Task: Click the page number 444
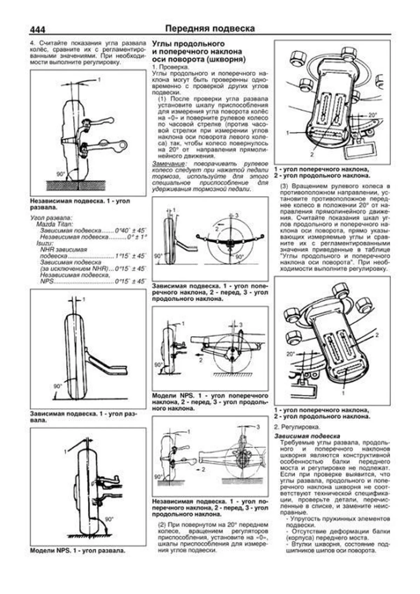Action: (x=37, y=30)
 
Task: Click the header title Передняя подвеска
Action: (x=210, y=28)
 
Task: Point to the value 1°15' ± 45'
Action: (x=130, y=256)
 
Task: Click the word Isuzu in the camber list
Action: (x=44, y=243)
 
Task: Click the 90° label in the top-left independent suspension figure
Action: (x=61, y=174)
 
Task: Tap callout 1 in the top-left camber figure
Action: (x=99, y=80)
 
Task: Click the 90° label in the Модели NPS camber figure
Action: (x=109, y=519)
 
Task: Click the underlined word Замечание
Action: (x=168, y=164)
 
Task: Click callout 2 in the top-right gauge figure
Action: (x=312, y=154)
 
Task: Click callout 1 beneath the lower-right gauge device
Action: (x=343, y=393)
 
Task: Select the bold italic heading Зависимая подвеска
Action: (x=307, y=436)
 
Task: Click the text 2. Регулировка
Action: (x=297, y=427)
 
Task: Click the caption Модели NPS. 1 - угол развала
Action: (x=78, y=551)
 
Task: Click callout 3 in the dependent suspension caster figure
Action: (x=237, y=215)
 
